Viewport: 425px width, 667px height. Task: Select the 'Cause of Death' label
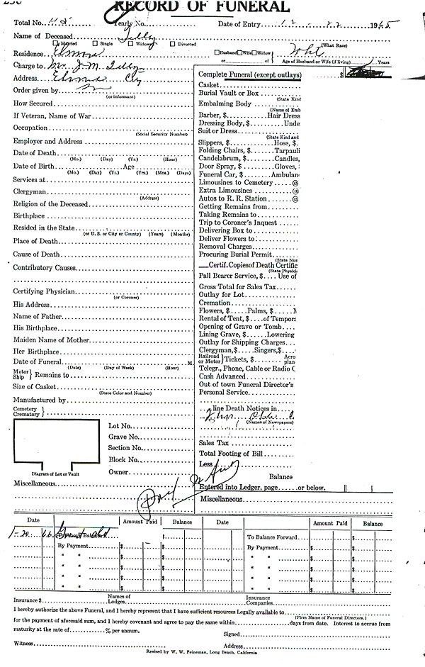click(x=35, y=254)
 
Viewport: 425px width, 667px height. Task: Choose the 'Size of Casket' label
click(x=34, y=386)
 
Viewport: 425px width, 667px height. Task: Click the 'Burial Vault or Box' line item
click(x=229, y=94)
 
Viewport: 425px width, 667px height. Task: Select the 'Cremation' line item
click(x=215, y=303)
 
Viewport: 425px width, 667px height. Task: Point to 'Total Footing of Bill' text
click(x=232, y=453)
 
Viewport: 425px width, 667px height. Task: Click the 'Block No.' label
click(x=122, y=459)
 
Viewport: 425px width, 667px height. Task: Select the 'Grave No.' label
click(x=123, y=437)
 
